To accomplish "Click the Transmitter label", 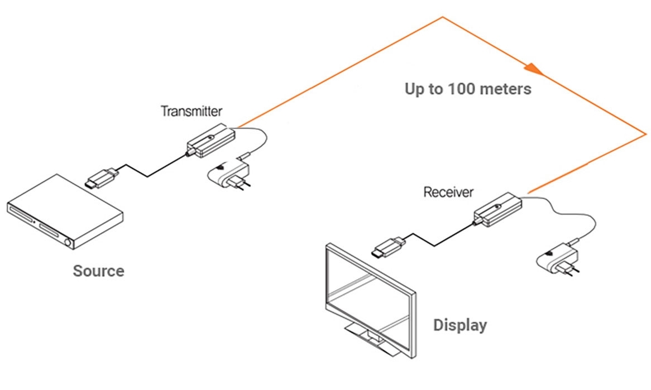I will (x=192, y=110).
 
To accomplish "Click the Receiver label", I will (x=448, y=192).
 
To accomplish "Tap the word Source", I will (x=98, y=271).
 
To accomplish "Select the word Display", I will (x=460, y=325).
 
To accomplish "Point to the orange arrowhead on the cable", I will (x=533, y=69).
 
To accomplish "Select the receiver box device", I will (x=497, y=209).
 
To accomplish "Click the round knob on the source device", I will (x=69, y=243).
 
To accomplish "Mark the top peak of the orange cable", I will (x=442, y=17).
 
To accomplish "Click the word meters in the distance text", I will (x=505, y=89).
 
